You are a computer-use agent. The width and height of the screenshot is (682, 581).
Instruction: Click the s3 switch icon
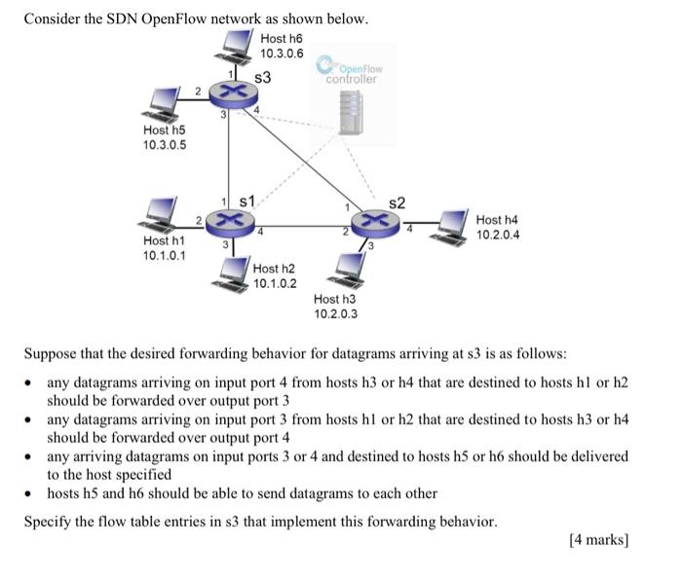point(231,92)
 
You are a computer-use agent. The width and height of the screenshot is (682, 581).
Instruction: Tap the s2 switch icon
point(374,223)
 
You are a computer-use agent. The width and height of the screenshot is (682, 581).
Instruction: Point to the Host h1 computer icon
point(160,212)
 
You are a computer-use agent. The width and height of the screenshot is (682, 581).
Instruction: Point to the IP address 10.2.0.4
point(498,235)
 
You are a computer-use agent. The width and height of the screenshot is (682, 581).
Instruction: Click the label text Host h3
point(335,300)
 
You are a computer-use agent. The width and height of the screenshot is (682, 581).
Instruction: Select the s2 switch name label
point(397,202)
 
